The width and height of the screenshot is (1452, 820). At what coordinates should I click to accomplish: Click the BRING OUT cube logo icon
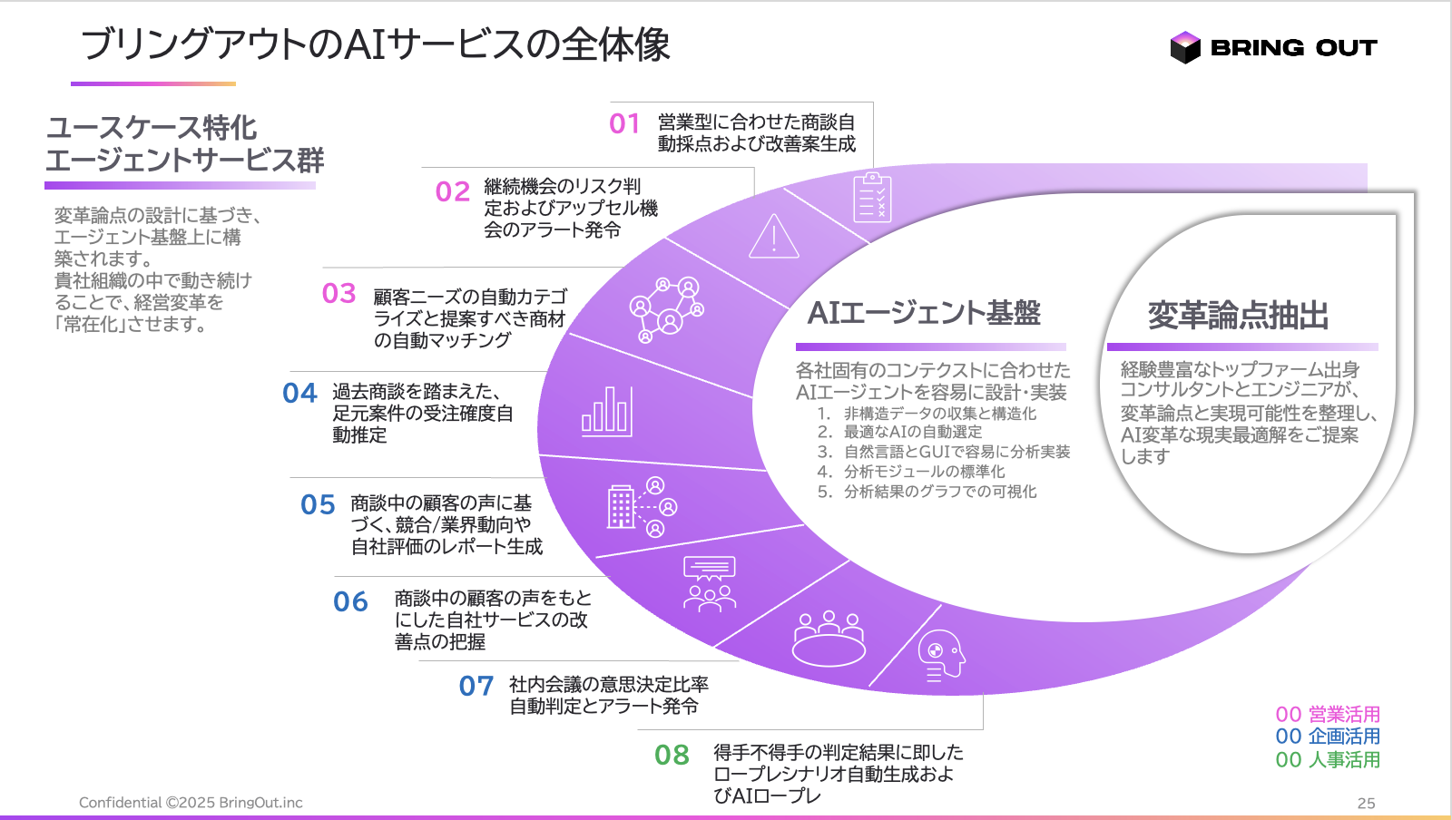click(1185, 47)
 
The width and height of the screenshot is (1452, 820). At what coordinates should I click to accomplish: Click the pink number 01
click(624, 123)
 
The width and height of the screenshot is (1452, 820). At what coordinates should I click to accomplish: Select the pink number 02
click(452, 191)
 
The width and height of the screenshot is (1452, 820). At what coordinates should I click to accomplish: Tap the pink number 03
click(338, 293)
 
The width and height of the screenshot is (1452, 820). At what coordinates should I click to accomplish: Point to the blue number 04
click(299, 393)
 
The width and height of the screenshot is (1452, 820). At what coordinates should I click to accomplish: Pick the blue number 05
click(318, 504)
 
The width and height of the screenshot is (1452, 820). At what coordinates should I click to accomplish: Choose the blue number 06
click(350, 601)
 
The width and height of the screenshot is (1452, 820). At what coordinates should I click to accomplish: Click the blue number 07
click(476, 686)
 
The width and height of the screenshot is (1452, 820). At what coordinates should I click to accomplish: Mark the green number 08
click(672, 755)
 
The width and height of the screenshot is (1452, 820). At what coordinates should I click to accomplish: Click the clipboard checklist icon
click(871, 198)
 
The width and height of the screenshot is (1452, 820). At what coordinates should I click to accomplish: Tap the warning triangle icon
click(774, 237)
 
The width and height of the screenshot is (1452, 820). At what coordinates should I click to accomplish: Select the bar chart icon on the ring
click(606, 411)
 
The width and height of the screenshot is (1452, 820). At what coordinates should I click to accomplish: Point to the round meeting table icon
click(829, 639)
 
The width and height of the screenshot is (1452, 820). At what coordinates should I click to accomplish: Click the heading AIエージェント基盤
click(924, 313)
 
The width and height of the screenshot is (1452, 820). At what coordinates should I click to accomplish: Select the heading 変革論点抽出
click(1238, 316)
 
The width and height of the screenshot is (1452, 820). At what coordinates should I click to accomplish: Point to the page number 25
click(1366, 803)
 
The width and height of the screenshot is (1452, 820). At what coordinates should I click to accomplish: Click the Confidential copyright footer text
click(191, 803)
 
